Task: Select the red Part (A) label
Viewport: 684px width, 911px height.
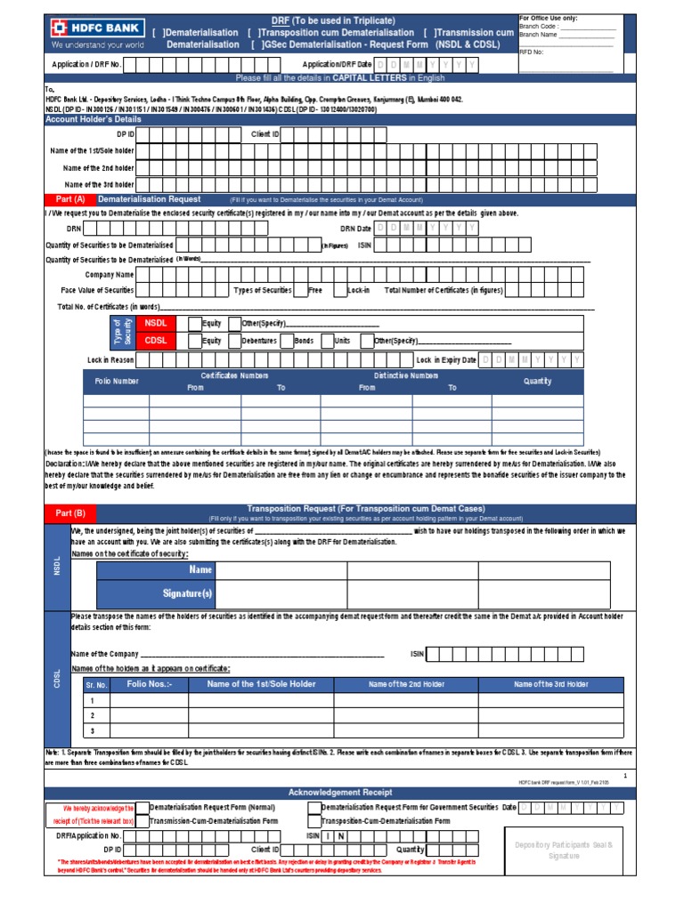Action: tap(69, 199)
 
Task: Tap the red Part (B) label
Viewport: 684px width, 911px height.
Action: tap(69, 513)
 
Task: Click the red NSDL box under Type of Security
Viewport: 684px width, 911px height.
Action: tap(158, 324)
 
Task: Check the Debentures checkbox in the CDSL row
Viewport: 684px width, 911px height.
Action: tap(234, 341)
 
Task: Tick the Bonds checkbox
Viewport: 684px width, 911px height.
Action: tap(286, 341)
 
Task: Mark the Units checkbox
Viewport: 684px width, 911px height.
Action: tap(327, 341)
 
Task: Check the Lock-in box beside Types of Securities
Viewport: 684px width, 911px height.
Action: tap(339, 290)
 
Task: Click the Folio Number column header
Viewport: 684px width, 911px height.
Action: tap(117, 382)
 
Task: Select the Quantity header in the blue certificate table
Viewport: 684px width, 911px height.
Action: tap(537, 382)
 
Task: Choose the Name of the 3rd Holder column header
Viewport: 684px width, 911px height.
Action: tap(550, 684)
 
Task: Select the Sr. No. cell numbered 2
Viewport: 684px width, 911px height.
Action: tap(93, 715)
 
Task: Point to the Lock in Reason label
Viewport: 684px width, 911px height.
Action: tap(110, 360)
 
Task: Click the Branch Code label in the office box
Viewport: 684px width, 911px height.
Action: tap(538, 27)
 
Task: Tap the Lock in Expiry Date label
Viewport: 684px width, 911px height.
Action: tap(446, 360)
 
